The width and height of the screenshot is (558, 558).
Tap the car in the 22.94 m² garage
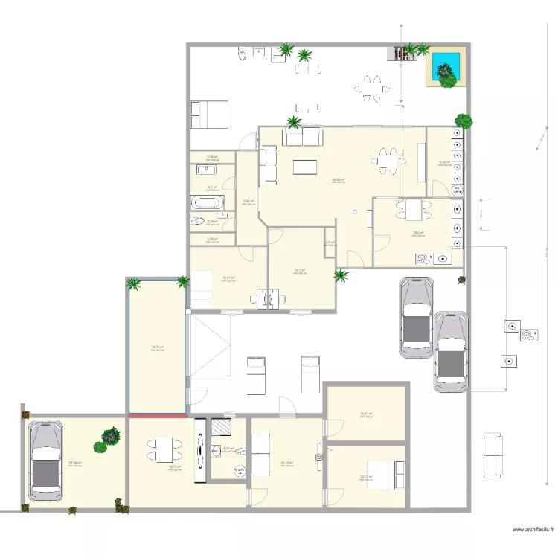(x=45, y=461)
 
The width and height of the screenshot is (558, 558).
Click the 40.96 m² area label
(x=338, y=180)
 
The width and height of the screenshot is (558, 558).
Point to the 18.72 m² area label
(x=157, y=347)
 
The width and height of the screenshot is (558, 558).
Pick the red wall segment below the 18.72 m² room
(x=158, y=416)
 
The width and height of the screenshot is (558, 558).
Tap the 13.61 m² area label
(x=365, y=414)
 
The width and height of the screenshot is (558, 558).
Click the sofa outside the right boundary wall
(x=493, y=455)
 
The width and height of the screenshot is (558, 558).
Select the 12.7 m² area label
(x=300, y=271)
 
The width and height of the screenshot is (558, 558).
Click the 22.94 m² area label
(x=74, y=463)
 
